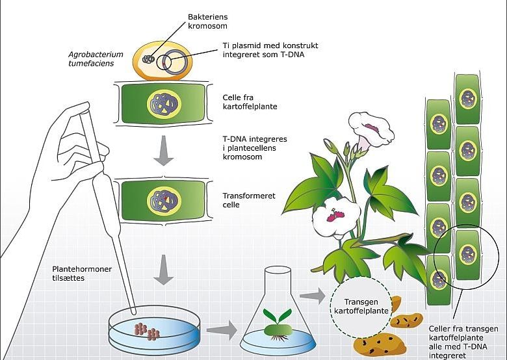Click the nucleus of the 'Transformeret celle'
(x=159, y=199)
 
